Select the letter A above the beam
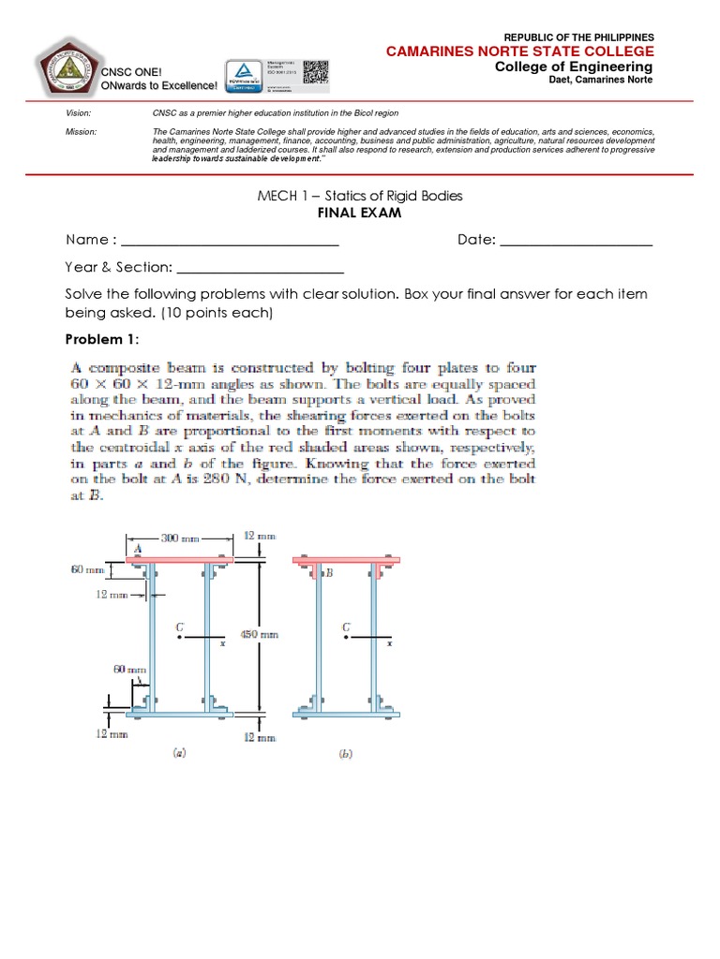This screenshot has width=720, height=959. pos(137,548)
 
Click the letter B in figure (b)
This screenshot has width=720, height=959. pos(329,572)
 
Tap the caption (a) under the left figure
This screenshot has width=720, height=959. pos(179,751)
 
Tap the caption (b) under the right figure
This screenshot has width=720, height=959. pos(346,753)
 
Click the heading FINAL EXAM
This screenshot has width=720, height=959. pos(360,214)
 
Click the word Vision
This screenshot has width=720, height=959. pos(78,112)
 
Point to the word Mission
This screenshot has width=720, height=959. pos(81,132)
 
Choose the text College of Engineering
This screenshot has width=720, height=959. pos(574,66)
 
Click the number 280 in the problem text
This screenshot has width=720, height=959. pos(285,465)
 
